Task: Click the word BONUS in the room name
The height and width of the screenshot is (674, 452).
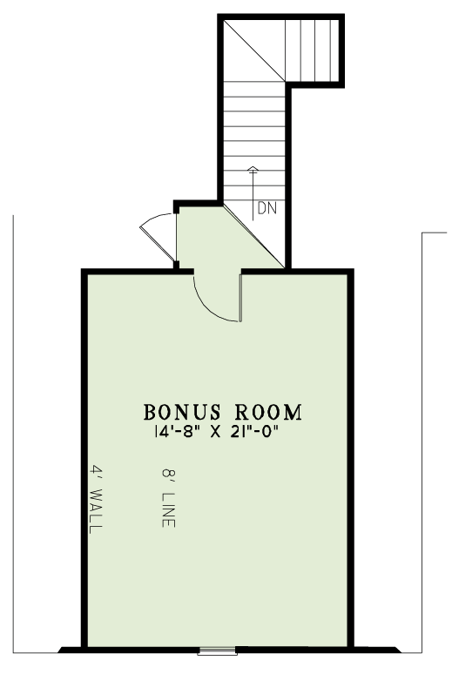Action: [x=182, y=412]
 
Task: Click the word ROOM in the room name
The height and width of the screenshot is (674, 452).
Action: [x=268, y=412]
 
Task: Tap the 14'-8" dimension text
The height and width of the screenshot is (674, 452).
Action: [x=178, y=432]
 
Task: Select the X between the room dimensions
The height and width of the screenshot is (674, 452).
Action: [x=216, y=432]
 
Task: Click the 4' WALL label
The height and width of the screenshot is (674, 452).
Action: [x=96, y=499]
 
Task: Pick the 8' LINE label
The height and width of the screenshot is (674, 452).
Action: [x=169, y=498]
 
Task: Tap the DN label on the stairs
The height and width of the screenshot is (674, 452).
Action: [x=267, y=208]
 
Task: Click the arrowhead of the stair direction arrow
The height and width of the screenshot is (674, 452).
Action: [x=253, y=169]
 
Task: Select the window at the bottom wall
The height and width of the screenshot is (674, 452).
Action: [x=217, y=651]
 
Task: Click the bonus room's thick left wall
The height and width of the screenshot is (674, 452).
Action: [x=84, y=458]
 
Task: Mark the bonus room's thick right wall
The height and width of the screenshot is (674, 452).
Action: [x=350, y=458]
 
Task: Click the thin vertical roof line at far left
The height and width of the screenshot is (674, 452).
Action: [x=13, y=435]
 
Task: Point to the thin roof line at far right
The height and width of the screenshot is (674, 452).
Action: [x=422, y=442]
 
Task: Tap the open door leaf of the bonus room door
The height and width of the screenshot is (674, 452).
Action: [x=241, y=298]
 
